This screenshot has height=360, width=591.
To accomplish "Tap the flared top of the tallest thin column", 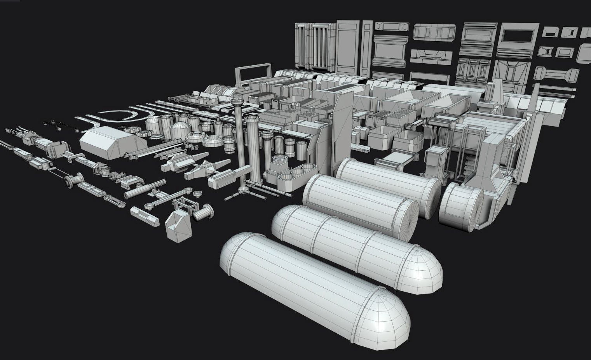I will [236, 102].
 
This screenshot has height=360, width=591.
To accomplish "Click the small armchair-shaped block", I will [178, 225].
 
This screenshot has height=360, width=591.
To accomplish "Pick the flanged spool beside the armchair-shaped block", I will [204, 213].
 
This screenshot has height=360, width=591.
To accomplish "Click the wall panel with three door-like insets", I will [471, 70].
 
